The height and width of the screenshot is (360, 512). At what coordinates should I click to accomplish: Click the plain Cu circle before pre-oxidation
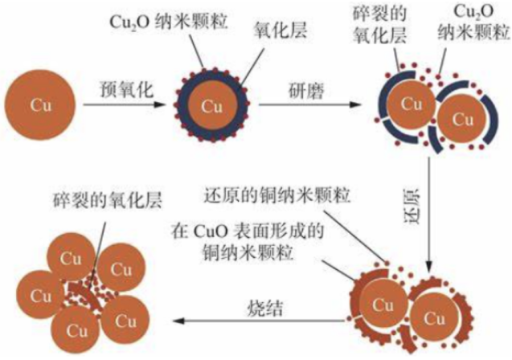click(x=40, y=105)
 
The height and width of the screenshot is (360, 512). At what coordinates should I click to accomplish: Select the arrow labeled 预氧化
click(x=124, y=104)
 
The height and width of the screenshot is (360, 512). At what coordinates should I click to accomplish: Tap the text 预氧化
click(x=126, y=88)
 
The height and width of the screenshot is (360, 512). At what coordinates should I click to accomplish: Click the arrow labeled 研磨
click(x=310, y=104)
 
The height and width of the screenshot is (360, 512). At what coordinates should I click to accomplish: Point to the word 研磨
click(x=306, y=90)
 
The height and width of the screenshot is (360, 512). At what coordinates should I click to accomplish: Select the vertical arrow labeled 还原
click(x=430, y=215)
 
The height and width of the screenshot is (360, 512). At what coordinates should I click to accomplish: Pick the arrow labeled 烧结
click(x=259, y=321)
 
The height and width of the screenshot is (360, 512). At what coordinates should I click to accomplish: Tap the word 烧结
click(x=264, y=308)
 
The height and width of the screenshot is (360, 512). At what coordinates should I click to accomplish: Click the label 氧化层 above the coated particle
click(x=281, y=31)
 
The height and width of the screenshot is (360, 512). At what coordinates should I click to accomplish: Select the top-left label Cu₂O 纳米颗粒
click(x=169, y=22)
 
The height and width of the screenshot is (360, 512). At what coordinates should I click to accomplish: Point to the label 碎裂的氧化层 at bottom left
click(x=108, y=200)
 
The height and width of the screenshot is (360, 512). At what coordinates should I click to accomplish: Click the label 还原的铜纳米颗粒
click(x=276, y=195)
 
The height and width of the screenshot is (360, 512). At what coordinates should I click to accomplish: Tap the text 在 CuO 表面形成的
click(x=248, y=231)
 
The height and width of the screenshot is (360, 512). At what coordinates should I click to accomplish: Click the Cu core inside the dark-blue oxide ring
click(x=212, y=106)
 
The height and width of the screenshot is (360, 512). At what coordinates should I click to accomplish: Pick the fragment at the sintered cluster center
click(x=84, y=294)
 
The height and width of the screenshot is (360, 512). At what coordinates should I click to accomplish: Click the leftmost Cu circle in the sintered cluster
click(x=40, y=295)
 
